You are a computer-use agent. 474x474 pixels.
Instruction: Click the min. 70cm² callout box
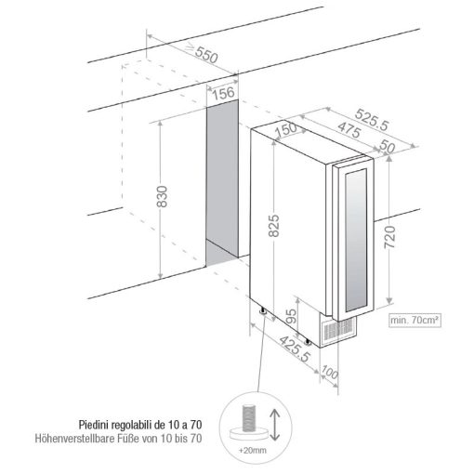[x=414, y=320]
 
